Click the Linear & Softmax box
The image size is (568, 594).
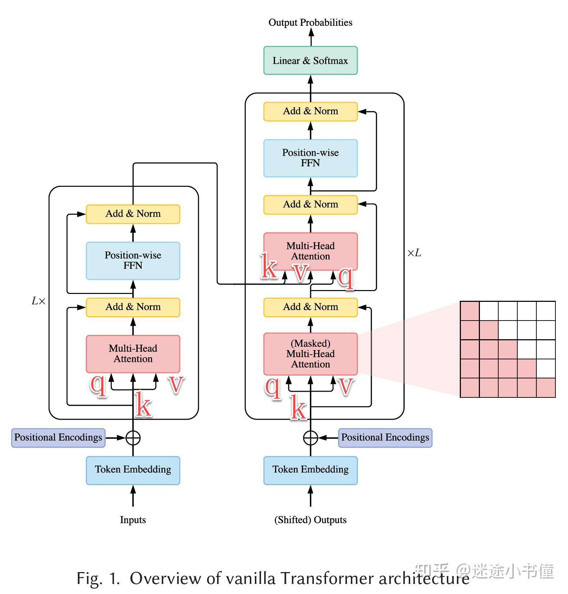pos(310,60)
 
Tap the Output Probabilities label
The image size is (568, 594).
pos(310,22)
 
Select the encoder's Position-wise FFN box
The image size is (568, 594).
pos(133,261)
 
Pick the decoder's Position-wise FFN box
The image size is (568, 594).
pos(310,158)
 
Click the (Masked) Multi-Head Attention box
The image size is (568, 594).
pos(310,354)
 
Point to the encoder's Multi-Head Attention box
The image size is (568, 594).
pos(133,354)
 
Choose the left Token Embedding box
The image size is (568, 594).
pos(133,470)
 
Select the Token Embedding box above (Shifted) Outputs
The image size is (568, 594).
pos(310,470)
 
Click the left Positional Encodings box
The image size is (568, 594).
pos(58,438)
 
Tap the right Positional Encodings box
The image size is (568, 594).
pos(385,438)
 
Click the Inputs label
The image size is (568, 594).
pos(133,520)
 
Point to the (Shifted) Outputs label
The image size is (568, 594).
pos(310,520)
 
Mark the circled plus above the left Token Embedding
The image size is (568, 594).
pos(133,438)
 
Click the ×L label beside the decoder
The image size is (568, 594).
pos(414,253)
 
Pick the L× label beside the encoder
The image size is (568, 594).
pos(39,301)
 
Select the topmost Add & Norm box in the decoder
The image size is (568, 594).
pos(310,111)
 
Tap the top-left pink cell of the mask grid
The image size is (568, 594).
pos(469,311)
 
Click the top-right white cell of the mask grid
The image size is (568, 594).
pos(546,311)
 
